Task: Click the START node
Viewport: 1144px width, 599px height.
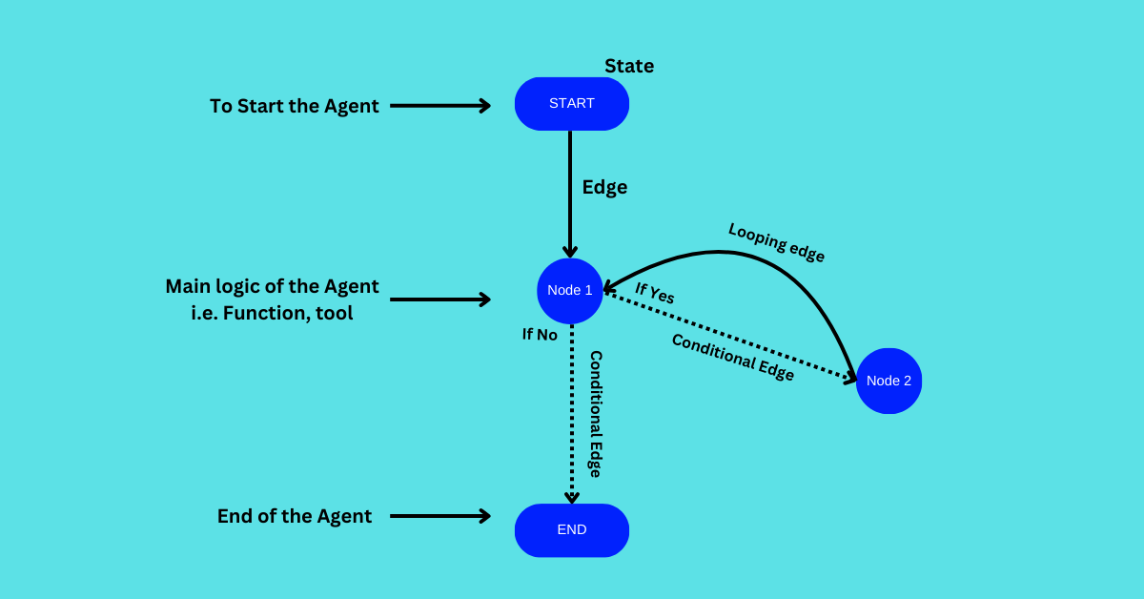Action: [572, 103]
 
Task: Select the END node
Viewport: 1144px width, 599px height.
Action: [572, 529]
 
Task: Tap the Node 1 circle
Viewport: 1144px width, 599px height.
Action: [570, 290]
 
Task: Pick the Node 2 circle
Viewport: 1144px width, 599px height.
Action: [889, 381]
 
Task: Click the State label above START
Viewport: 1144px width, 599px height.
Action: [629, 66]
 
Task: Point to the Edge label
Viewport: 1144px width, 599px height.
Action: [604, 187]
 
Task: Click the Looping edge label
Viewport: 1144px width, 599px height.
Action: [776, 242]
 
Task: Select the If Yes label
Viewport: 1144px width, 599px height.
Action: [655, 293]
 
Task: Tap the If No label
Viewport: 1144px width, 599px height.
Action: [540, 335]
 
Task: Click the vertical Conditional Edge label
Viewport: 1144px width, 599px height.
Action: [595, 413]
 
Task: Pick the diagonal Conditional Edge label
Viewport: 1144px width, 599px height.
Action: [732, 357]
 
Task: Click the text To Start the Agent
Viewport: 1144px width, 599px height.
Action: [294, 106]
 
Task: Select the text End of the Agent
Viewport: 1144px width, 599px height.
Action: [294, 516]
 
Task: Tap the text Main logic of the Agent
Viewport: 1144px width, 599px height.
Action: [272, 286]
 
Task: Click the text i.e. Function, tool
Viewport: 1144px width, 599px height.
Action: [272, 313]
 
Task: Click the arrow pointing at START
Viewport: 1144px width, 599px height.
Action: [439, 106]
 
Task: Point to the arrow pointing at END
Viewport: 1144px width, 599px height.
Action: [439, 516]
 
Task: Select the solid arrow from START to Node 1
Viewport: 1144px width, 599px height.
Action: [570, 191]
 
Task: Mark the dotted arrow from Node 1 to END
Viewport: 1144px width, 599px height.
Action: [572, 420]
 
